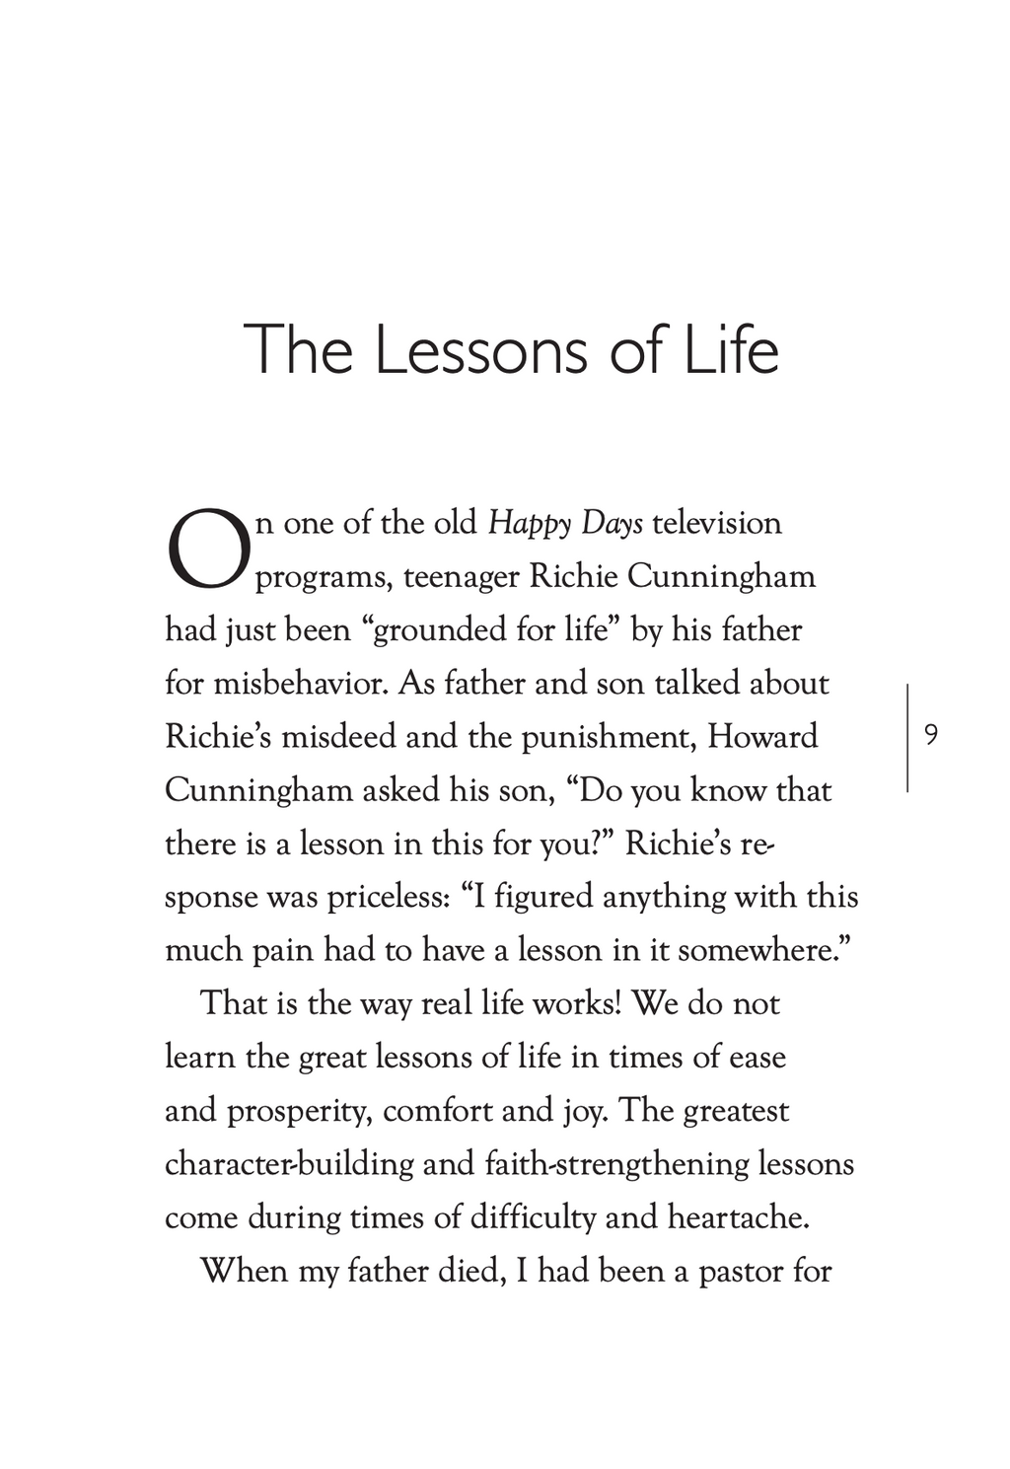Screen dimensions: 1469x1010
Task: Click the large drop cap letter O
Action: [x=209, y=549]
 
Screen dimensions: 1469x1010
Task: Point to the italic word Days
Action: [x=613, y=523]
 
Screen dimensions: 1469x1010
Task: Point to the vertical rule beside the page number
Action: [x=907, y=736]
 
